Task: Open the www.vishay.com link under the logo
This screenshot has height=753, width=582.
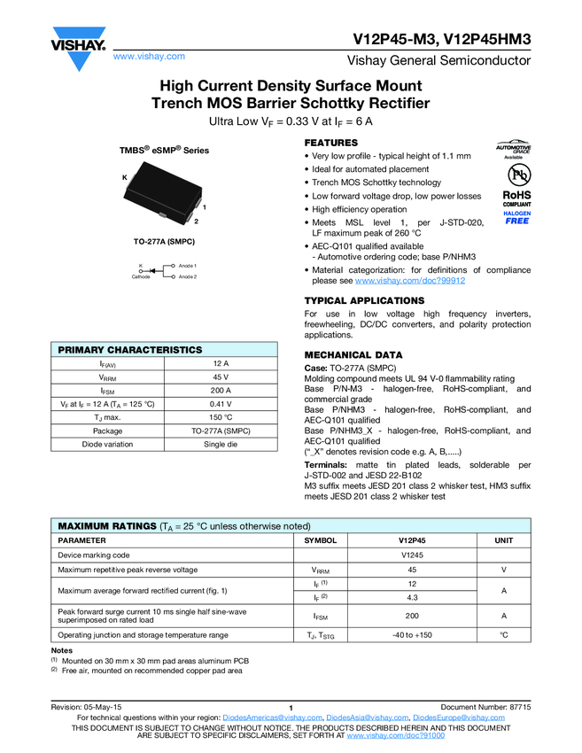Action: click(x=150, y=57)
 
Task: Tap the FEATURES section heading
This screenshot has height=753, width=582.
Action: click(x=330, y=143)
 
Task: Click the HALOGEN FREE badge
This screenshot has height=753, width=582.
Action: click(x=516, y=218)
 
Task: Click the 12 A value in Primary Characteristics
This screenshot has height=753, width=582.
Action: click(x=221, y=364)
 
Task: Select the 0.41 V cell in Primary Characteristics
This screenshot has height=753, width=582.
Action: click(x=221, y=404)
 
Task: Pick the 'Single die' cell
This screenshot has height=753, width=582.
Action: click(x=221, y=444)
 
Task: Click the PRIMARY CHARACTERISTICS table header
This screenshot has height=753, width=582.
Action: click(x=130, y=350)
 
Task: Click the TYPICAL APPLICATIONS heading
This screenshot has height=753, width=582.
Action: click(x=364, y=301)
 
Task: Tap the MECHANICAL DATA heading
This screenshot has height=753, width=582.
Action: click(x=353, y=354)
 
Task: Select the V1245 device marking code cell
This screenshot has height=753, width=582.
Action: click(x=412, y=555)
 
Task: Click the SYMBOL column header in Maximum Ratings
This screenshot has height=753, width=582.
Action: click(x=320, y=540)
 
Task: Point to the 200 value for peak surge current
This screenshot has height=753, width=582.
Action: click(x=412, y=616)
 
